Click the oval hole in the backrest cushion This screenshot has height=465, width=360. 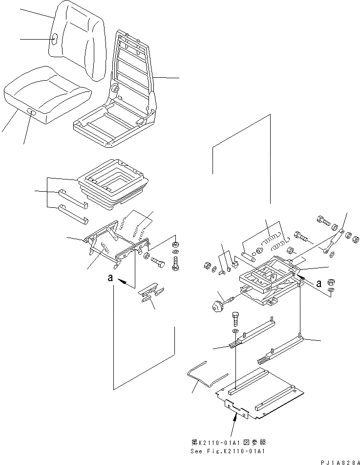tap(55, 39)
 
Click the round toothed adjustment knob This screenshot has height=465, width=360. tap(215, 306)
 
